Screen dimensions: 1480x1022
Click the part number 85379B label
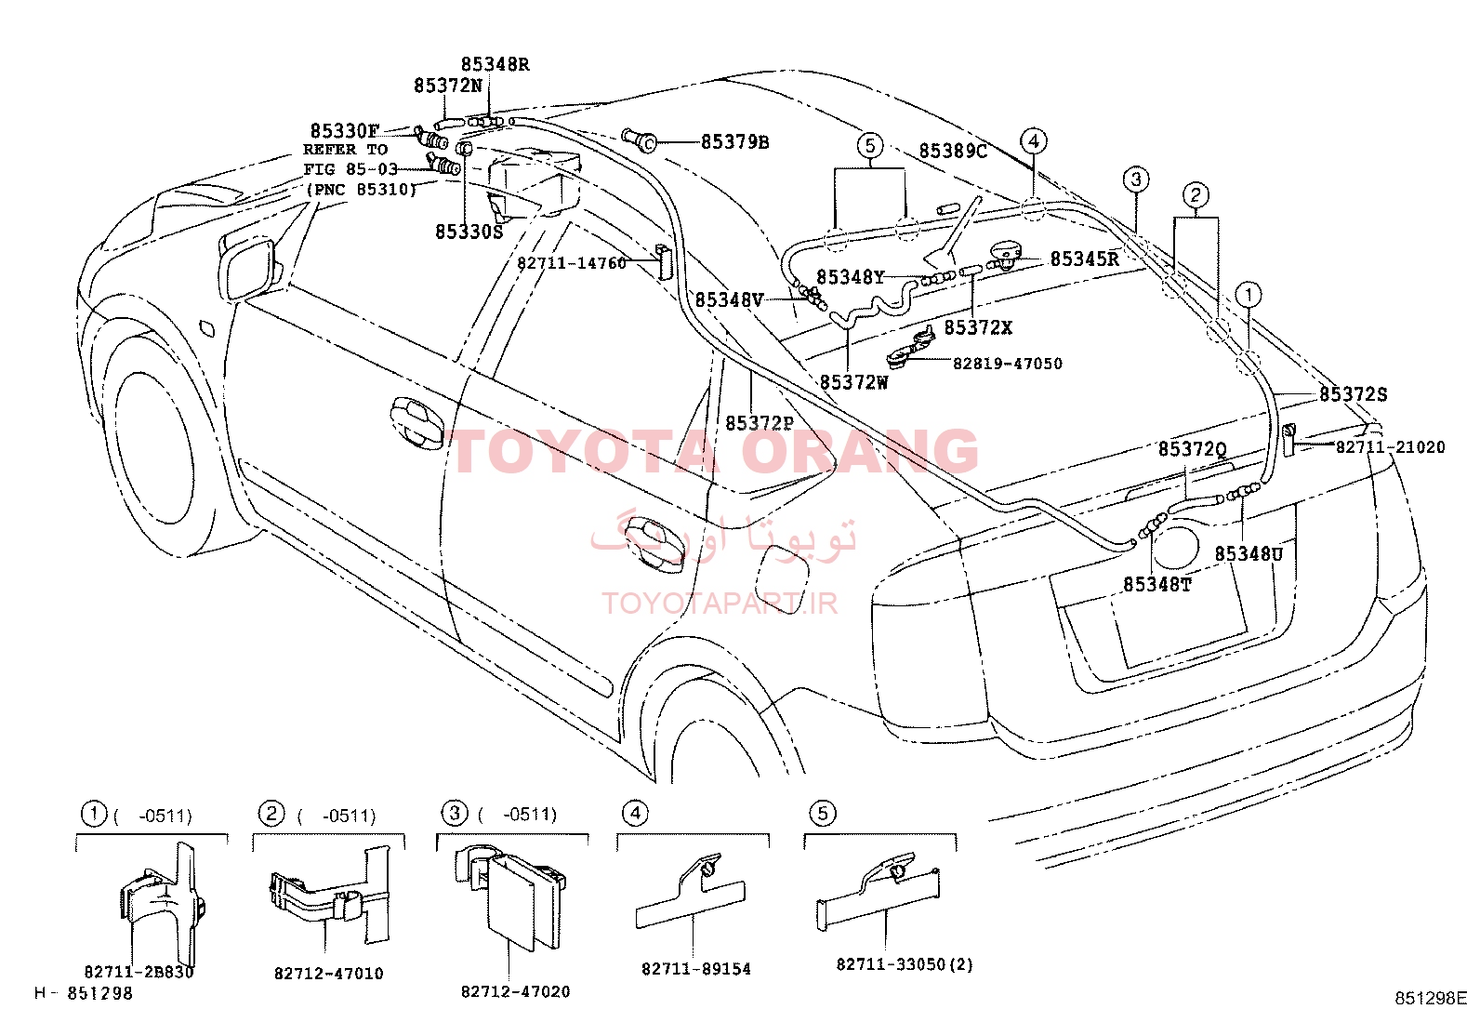point(734,142)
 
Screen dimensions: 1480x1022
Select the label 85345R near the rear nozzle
point(1084,259)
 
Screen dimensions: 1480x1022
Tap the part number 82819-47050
point(1007,364)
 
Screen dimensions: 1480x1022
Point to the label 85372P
point(760,423)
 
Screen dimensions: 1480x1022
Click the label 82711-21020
point(1390,447)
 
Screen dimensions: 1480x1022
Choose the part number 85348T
point(1156,584)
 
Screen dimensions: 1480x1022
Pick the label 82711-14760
point(572,263)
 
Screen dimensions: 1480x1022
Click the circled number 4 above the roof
point(1034,140)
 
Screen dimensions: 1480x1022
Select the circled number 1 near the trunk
point(1249,295)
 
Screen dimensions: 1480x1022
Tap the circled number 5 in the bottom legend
point(822,813)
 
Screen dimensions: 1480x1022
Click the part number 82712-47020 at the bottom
point(515,991)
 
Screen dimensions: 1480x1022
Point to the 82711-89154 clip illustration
point(690,893)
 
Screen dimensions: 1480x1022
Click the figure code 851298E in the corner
point(1431,998)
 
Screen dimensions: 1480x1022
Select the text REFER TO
point(345,150)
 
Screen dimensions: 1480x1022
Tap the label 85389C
point(953,152)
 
